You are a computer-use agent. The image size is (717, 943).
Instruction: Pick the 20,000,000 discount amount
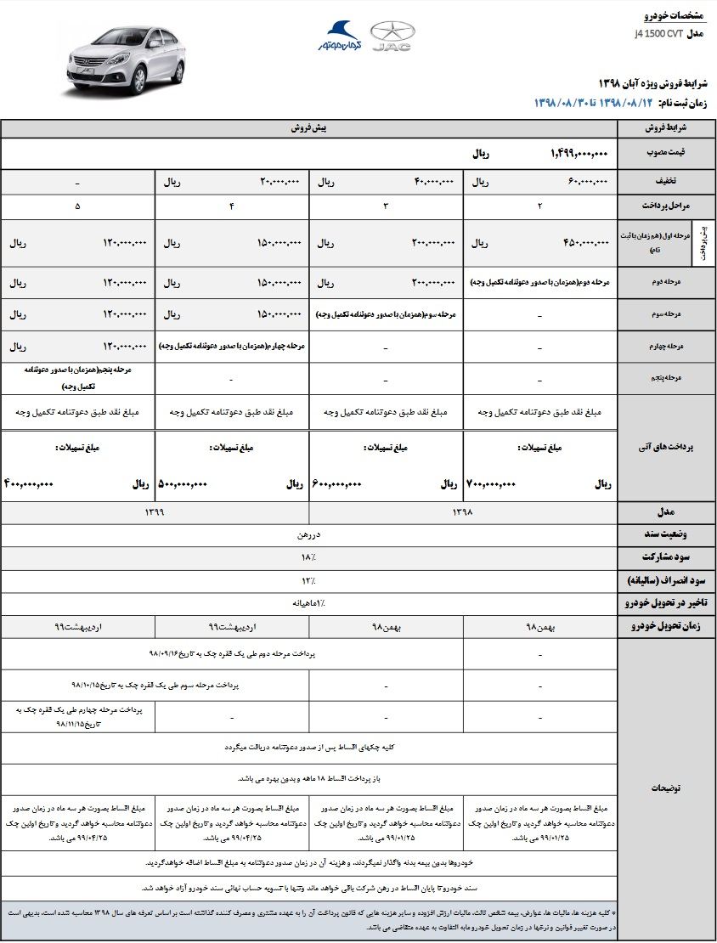tap(279, 182)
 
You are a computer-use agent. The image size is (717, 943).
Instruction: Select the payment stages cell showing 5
tap(78, 206)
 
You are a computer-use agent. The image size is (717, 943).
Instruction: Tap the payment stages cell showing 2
tap(539, 206)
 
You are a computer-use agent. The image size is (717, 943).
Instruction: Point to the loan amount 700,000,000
tap(491, 484)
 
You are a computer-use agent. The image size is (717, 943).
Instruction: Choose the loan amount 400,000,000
tap(29, 484)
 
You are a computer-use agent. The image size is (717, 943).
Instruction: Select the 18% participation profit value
tap(308, 556)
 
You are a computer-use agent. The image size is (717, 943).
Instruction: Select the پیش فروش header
tap(308, 127)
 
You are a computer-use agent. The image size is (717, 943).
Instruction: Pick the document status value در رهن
tap(308, 534)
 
